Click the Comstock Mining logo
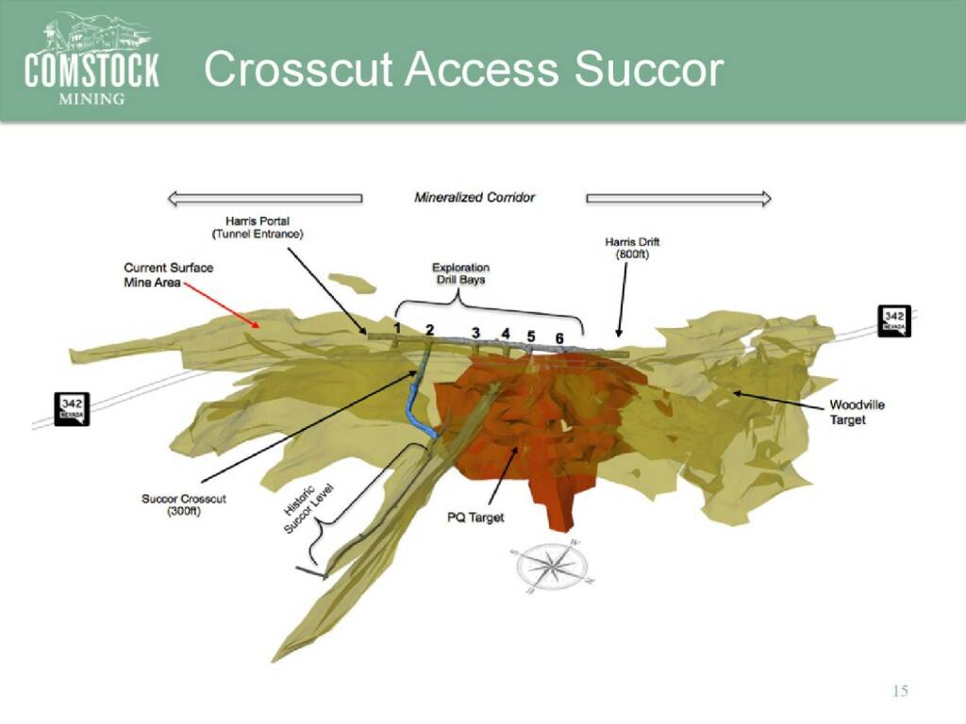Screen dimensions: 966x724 click(92, 59)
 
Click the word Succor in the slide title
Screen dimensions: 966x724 click(649, 68)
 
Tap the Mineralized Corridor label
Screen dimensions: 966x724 click(475, 198)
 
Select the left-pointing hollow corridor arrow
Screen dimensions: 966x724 click(265, 198)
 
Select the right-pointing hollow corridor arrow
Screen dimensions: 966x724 click(678, 198)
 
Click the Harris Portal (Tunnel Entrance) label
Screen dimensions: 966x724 click(258, 227)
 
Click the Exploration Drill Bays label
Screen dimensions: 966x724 click(460, 273)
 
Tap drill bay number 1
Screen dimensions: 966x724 click(397, 328)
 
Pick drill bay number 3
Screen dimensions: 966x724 click(475, 333)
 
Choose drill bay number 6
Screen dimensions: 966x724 click(559, 338)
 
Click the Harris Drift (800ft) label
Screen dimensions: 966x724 click(632, 248)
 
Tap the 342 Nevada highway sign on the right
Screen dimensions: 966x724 click(894, 321)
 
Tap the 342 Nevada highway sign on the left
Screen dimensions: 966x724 click(72, 409)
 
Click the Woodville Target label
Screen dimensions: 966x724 click(857, 412)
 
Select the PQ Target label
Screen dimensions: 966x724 click(475, 518)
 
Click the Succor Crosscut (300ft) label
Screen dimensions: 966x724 click(184, 505)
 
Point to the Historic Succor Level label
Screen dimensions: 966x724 click(308, 508)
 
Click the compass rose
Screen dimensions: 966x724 click(549, 566)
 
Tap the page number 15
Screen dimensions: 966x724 click(900, 691)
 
